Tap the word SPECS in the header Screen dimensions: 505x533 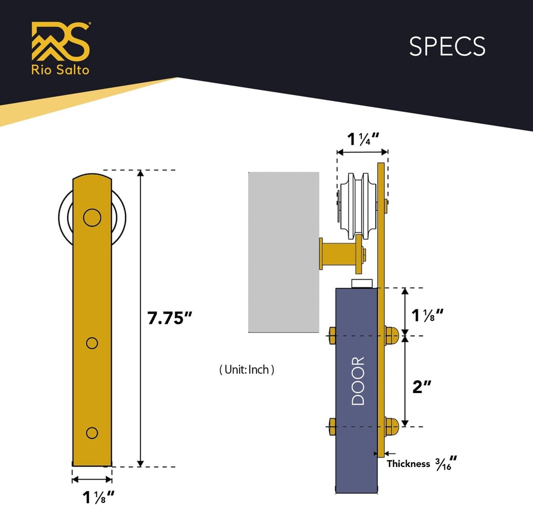coord(447,47)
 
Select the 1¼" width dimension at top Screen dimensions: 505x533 coord(362,138)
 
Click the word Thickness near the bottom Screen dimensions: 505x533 coord(409,463)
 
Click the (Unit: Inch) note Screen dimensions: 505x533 coord(247,370)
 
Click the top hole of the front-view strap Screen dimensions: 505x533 coord(92,218)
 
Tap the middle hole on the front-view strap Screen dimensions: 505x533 coord(92,343)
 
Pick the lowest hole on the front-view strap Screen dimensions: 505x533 coord(92,433)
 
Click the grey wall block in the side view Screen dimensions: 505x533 coord(284,252)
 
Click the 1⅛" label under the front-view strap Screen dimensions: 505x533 coord(98,497)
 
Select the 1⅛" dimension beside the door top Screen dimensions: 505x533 coord(427,315)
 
